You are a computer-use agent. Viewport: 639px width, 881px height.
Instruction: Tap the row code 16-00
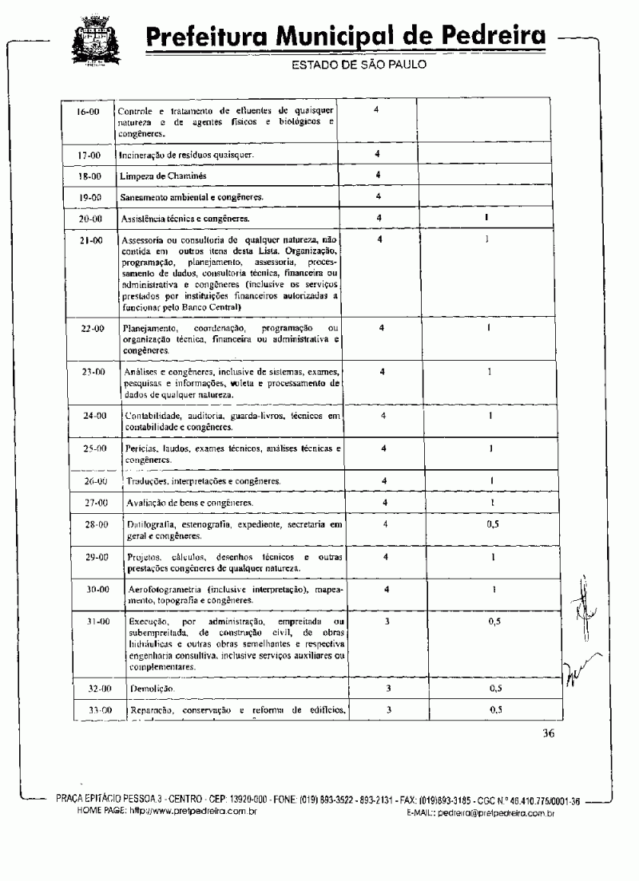tap(88, 112)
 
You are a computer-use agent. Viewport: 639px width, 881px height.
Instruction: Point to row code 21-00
tap(89, 239)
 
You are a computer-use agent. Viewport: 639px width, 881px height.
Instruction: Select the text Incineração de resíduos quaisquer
tap(187, 155)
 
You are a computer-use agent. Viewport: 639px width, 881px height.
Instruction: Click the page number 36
tap(549, 735)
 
